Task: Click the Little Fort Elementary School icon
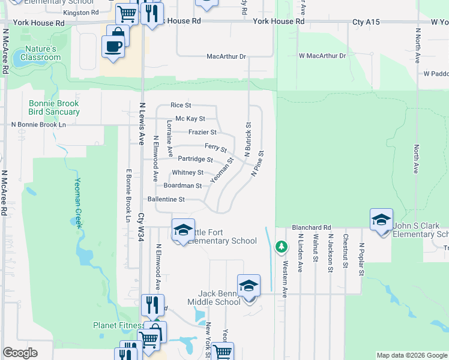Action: [183, 230]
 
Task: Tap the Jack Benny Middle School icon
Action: [249, 286]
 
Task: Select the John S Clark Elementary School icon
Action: [381, 220]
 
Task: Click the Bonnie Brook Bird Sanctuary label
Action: [54, 107]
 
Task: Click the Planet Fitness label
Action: [116, 325]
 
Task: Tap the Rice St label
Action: [181, 105]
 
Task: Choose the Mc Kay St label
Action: [190, 119]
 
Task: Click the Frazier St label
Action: [202, 132]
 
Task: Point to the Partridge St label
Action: [195, 160]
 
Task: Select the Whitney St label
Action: [188, 173]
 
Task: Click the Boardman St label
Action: [182, 186]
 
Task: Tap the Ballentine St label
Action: [166, 199]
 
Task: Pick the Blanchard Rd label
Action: [312, 228]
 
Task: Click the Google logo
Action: [20, 353]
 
